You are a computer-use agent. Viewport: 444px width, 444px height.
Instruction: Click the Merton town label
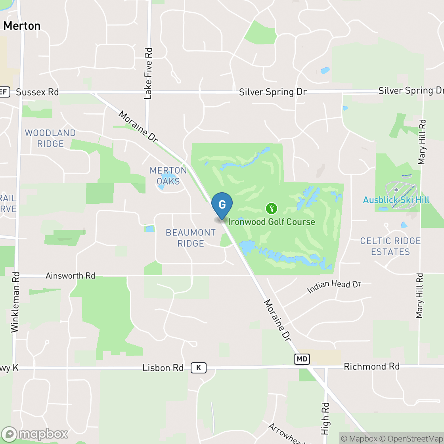click(22, 26)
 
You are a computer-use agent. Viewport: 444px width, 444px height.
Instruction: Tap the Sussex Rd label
click(37, 92)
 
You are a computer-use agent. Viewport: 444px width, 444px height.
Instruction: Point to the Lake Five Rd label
click(148, 74)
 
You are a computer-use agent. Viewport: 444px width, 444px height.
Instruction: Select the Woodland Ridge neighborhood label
click(50, 138)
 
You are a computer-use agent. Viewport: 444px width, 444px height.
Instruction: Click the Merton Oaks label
click(168, 176)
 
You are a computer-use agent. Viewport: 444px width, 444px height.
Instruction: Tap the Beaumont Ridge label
click(191, 238)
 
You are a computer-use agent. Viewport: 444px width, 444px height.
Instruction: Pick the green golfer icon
click(272, 208)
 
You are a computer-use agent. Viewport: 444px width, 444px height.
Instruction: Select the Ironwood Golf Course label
click(272, 222)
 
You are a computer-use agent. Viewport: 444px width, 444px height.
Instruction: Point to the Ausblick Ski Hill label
click(396, 200)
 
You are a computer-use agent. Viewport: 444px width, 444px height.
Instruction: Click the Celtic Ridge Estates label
click(390, 246)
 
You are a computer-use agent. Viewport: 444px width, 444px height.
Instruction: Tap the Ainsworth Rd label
click(71, 276)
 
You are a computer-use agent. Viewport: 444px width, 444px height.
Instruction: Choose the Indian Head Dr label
click(334, 287)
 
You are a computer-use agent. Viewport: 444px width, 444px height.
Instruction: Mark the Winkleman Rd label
click(15, 302)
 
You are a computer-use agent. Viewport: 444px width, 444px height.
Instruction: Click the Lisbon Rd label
click(163, 368)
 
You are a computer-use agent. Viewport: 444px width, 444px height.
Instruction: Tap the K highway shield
click(198, 368)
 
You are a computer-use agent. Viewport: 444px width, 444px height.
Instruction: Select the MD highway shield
click(302, 359)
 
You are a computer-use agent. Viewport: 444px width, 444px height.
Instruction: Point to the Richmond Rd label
click(371, 366)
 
